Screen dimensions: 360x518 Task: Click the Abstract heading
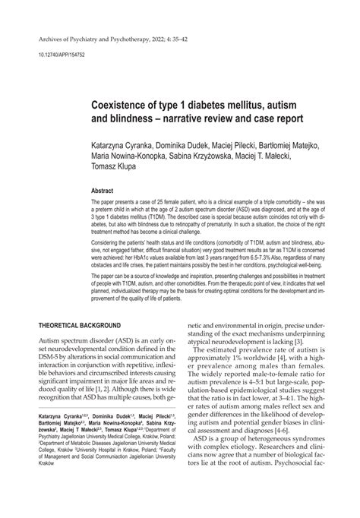103,193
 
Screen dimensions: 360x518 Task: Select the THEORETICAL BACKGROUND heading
79,325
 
